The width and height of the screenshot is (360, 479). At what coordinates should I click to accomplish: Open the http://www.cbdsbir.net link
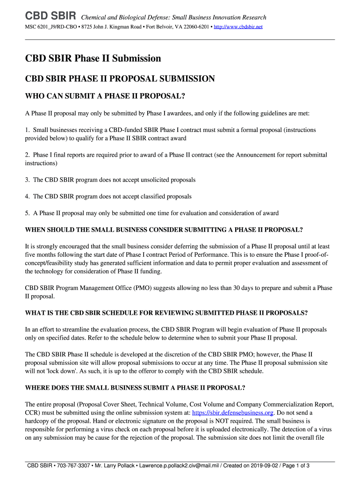238,27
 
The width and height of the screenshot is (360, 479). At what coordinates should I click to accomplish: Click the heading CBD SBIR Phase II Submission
93,58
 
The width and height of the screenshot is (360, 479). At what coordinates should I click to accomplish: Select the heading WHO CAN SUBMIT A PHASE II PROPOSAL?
105,96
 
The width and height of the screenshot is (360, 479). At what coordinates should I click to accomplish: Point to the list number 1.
28,130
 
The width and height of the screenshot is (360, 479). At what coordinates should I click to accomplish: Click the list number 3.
28,180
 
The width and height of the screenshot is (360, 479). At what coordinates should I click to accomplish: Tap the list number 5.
28,213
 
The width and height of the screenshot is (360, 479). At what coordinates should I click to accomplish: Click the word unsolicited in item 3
144,180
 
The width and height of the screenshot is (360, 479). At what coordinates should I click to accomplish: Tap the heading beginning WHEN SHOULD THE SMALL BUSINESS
164,230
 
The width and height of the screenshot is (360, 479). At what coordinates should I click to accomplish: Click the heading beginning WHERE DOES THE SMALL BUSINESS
135,387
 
